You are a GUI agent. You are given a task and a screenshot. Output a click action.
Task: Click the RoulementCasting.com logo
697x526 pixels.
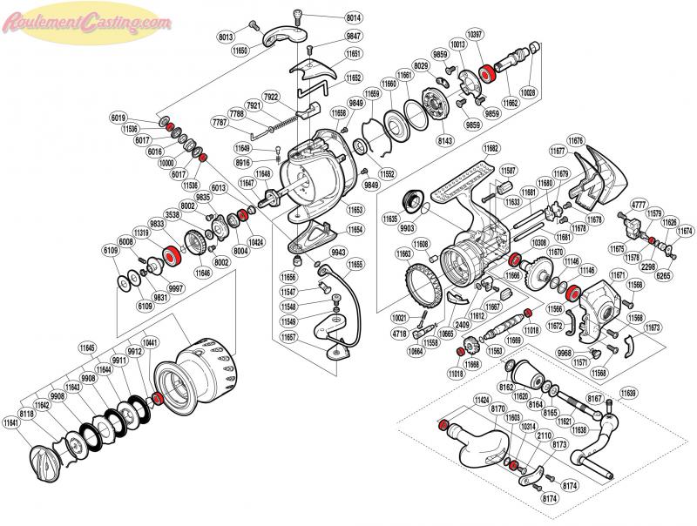(x=87, y=18)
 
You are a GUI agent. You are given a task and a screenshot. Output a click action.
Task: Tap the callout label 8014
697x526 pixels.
(x=354, y=17)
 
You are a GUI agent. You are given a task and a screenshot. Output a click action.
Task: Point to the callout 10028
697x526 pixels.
(x=529, y=91)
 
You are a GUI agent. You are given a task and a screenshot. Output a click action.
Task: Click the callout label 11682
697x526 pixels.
(x=492, y=148)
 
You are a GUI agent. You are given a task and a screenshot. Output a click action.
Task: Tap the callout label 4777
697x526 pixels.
(x=640, y=204)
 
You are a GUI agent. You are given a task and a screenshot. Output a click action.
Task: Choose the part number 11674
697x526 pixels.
(x=685, y=231)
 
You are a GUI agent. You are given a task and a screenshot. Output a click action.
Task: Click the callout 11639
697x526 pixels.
(x=627, y=394)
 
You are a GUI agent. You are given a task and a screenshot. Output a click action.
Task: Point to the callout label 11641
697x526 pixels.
(x=11, y=423)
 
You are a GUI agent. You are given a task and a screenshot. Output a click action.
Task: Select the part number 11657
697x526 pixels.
(x=289, y=336)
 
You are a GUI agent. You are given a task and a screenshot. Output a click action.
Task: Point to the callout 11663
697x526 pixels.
(x=404, y=253)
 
